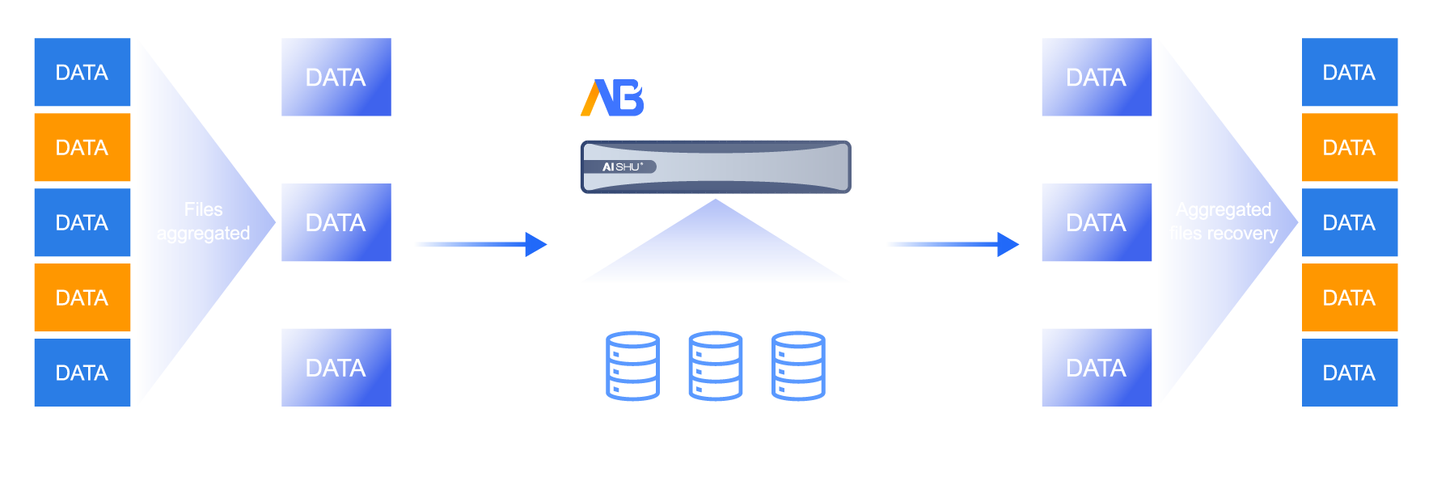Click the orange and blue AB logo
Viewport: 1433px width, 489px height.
point(612,98)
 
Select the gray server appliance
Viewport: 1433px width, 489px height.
point(716,167)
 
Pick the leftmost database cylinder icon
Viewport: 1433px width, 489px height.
point(632,365)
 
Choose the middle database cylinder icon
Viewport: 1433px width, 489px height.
point(716,365)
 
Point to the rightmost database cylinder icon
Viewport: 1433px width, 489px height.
point(798,365)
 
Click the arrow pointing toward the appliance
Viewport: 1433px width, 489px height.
point(480,244)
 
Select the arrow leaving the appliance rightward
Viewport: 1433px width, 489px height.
point(953,244)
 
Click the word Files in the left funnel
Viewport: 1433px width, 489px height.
point(203,210)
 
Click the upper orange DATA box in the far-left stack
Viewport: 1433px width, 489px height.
point(82,148)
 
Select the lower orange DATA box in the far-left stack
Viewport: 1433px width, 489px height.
point(82,297)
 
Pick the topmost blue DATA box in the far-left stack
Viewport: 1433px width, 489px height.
point(82,73)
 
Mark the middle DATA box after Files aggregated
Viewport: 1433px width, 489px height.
point(336,223)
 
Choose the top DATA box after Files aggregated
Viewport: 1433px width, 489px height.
point(336,78)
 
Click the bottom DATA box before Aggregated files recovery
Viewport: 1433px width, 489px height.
point(1097,368)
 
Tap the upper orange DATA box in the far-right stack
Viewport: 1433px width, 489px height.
point(1350,148)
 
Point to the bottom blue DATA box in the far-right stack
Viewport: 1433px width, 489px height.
point(1350,373)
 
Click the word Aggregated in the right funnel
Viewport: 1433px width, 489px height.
point(1223,210)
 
